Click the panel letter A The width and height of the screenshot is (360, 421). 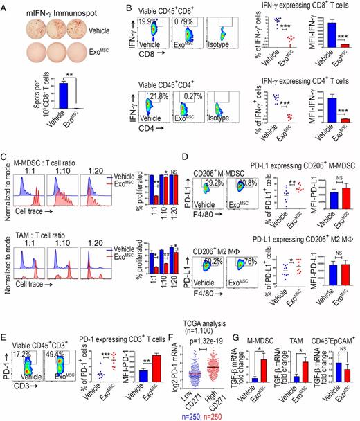point(6,6)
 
